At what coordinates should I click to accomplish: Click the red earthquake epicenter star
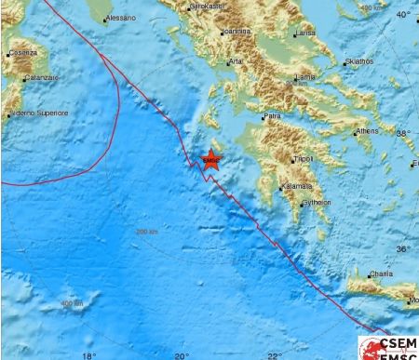pos(210,159)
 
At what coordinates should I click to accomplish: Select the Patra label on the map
pos(272,116)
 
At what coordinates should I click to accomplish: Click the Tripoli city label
pos(302,159)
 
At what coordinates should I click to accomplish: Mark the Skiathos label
pos(358,61)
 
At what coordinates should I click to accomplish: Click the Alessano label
pos(120,18)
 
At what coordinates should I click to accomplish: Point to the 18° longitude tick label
pos(88,354)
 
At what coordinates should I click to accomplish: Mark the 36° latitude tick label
pos(403,248)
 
